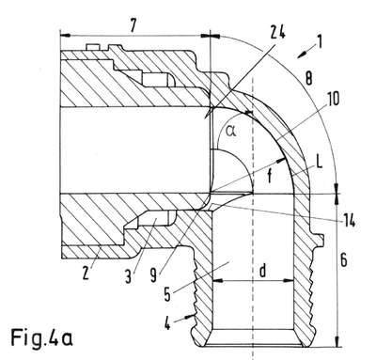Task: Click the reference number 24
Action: (277, 33)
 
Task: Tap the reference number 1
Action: (320, 42)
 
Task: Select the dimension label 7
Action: (133, 25)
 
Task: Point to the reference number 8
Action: (308, 79)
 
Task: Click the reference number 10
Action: (333, 100)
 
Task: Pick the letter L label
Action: (319, 164)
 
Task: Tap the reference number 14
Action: (349, 221)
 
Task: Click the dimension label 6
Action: (343, 260)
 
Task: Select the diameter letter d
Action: (262, 271)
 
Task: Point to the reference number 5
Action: (167, 295)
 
